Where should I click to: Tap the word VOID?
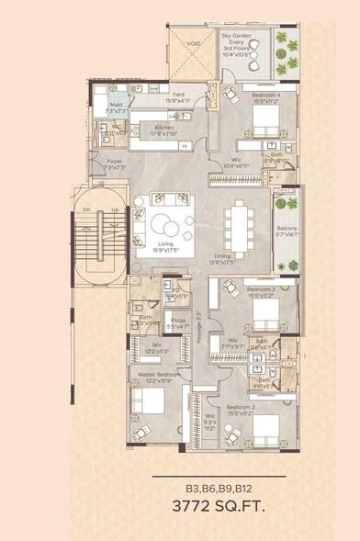(x=195, y=42)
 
